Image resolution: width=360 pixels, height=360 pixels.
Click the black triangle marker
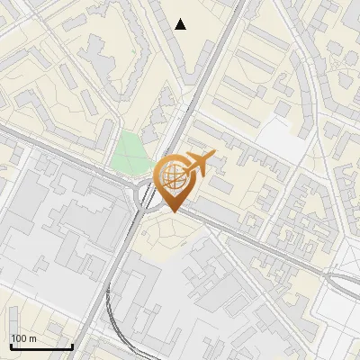(181, 24)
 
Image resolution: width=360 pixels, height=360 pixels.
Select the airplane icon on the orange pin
(200, 163)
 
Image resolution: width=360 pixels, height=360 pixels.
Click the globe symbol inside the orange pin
(173, 175)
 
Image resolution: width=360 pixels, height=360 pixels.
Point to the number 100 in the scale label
(19, 337)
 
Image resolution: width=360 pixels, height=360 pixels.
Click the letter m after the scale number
(32, 337)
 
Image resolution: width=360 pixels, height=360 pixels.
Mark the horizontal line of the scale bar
(40, 346)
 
